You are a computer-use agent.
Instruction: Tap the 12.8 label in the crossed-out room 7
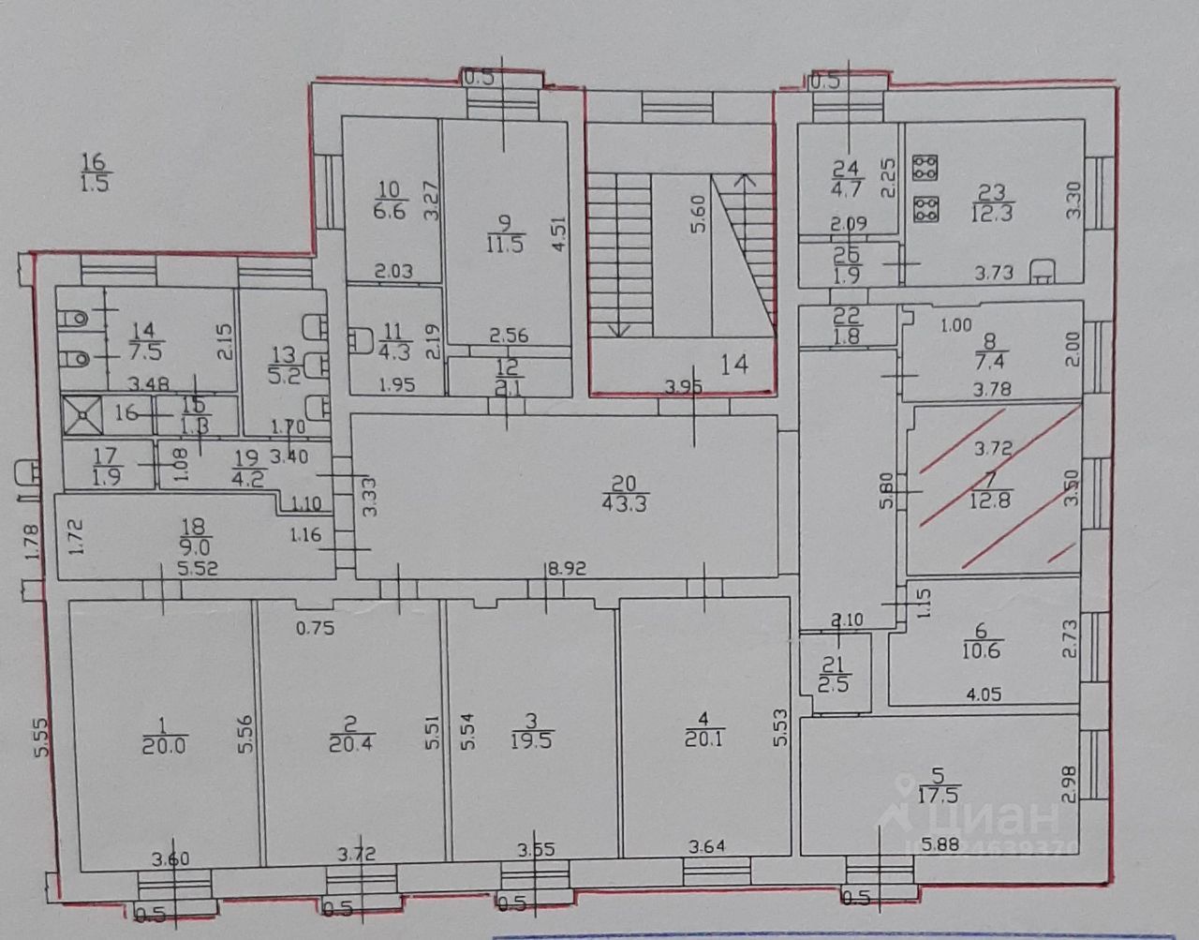993,499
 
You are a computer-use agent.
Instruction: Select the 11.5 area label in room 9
504,246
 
